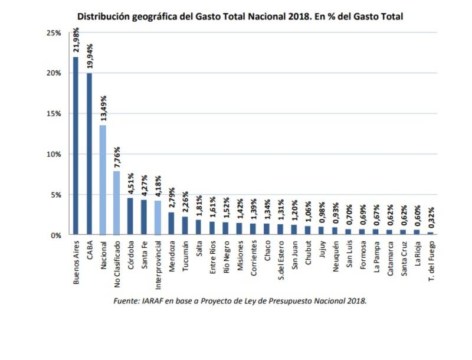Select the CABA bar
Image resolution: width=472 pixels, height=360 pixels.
pos(89,154)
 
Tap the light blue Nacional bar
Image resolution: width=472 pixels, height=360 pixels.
pos(103,180)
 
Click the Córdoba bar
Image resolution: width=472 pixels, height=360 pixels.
pos(130,216)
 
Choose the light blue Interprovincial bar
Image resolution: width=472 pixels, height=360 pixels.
pos(157,218)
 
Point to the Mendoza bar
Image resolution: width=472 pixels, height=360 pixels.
pos(171,223)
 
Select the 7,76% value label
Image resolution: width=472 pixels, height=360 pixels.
pos(116,158)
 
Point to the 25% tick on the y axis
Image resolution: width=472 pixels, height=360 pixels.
pos(54,33)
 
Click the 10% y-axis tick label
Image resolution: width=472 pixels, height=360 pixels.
pos(54,154)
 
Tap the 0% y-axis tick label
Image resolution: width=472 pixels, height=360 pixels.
pos(56,235)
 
